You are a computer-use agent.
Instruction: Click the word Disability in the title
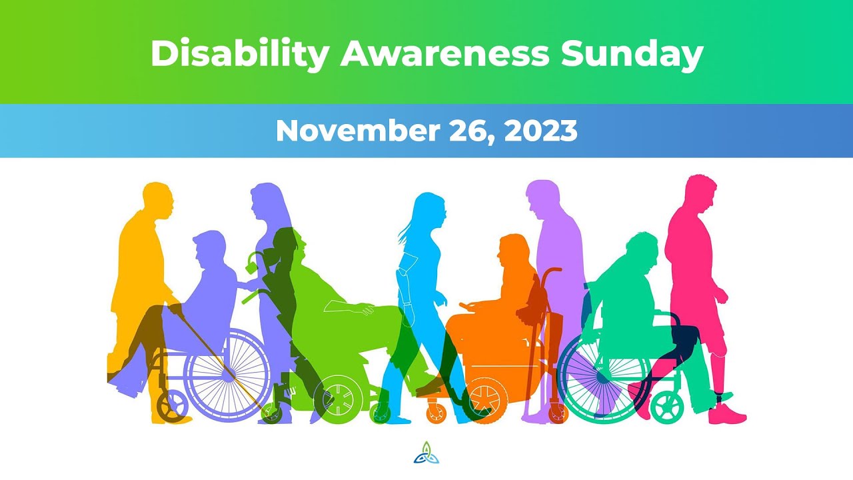coord(239,53)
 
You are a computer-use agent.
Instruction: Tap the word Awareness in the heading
coord(444,53)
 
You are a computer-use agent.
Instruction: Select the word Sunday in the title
coord(632,53)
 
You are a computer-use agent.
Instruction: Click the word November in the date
coord(353,131)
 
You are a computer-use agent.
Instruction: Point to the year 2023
coord(540,131)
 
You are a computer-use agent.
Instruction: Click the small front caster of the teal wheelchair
coord(667,405)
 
